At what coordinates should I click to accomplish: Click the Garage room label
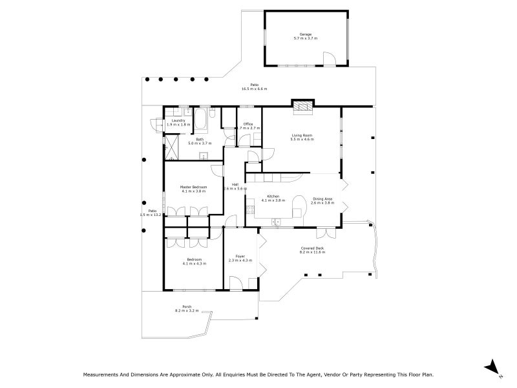306,36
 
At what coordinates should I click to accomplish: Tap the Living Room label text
302,136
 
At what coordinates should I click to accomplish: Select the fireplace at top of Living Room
302,107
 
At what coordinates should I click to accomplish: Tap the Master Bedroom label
193,189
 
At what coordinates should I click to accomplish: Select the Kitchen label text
273,198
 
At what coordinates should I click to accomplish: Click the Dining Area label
322,200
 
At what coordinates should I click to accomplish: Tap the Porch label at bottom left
187,308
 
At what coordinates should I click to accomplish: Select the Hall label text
235,186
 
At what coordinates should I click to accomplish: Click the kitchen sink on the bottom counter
277,222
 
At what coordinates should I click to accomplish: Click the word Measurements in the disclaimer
103,374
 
